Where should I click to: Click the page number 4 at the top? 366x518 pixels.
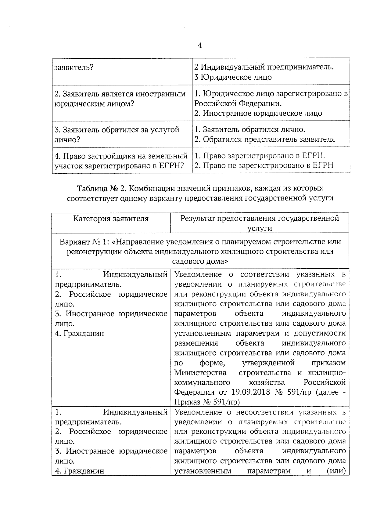(200, 45)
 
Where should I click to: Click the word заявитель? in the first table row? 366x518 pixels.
(74, 67)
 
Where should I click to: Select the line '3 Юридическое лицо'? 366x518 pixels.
(233, 77)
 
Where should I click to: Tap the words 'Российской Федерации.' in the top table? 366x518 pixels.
(238, 103)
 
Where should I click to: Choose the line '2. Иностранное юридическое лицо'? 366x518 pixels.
(258, 113)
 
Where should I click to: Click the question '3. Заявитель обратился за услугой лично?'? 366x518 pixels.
(117, 135)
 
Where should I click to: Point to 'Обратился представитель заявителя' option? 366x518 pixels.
(269, 139)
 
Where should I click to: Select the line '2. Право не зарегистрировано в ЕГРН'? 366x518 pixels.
(264, 165)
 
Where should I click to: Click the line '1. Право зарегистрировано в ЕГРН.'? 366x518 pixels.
(260, 156)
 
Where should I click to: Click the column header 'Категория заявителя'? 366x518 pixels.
(111, 219)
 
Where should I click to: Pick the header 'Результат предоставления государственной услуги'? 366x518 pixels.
(260, 223)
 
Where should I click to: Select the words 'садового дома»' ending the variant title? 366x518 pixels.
(200, 262)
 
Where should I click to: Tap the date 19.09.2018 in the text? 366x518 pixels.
(251, 392)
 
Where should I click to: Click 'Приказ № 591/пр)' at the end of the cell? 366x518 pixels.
(207, 402)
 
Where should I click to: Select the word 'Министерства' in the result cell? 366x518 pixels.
(200, 373)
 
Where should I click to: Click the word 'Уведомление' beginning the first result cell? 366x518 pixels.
(198, 274)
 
